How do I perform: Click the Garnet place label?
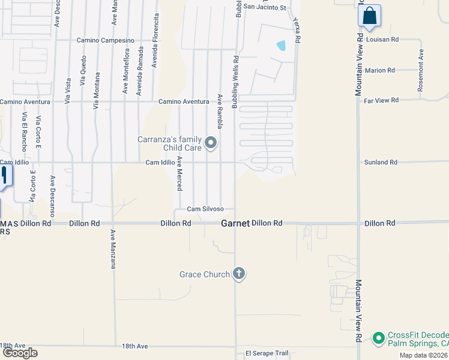point(235,223)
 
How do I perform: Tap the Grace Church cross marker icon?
point(239,274)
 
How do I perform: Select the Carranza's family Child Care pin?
point(210,143)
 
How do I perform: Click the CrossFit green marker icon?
point(378,338)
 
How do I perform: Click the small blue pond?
point(281,45)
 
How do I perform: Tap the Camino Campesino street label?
point(104,40)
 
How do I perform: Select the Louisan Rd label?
point(381,40)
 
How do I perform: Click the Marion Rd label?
point(379,70)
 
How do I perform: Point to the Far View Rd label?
point(381,100)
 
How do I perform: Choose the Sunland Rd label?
point(381,162)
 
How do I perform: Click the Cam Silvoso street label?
point(205,209)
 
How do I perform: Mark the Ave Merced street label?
point(179,174)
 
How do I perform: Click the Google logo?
point(20,353)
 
